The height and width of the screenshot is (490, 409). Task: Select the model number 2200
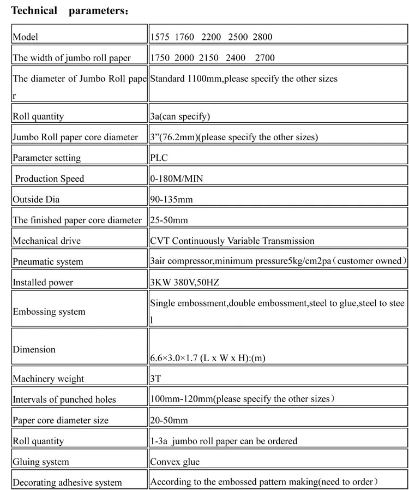[211, 37]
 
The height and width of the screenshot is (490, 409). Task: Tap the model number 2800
[262, 37]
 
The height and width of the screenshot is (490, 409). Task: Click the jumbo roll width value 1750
[160, 58]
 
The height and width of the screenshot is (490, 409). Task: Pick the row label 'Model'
[26, 37]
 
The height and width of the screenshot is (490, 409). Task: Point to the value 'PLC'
[159, 158]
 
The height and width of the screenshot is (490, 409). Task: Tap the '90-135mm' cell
[171, 200]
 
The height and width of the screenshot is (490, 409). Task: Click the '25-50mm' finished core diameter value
[169, 220]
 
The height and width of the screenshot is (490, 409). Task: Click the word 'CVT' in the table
[160, 241]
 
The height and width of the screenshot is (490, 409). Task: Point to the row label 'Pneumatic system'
[48, 262]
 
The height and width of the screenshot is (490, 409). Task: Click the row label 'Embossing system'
[49, 312]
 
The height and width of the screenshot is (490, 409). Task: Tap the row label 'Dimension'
[34, 350]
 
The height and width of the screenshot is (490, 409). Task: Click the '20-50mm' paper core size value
[169, 420]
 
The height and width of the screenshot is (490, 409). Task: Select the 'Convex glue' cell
[175, 462]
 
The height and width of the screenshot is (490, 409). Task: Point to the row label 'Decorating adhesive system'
[67, 483]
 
